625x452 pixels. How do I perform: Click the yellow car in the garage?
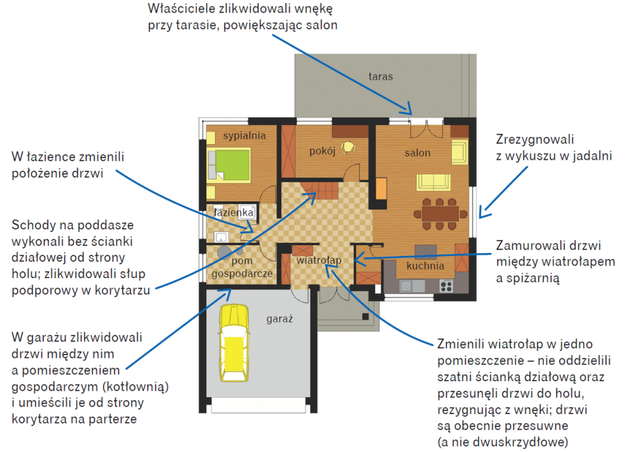tap(234, 343)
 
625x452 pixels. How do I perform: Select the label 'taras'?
tap(381, 77)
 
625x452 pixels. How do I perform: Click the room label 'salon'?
tap(418, 153)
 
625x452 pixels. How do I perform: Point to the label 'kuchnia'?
tap(425, 266)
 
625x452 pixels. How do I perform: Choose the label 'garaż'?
tap(280, 319)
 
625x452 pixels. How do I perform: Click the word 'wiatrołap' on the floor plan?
tap(319, 260)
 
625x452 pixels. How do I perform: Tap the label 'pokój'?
tap(322, 151)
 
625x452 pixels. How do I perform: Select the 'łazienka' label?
tap(234, 212)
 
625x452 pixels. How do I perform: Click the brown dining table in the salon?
tap(440, 214)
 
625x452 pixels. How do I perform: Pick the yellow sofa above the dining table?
tap(434, 182)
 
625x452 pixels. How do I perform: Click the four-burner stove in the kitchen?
tap(447, 285)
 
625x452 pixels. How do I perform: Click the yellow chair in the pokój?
tap(348, 147)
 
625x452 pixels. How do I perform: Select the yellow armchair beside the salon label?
tap(459, 152)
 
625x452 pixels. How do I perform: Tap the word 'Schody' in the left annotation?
tap(33, 225)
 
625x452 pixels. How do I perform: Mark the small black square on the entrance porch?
tap(365, 317)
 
